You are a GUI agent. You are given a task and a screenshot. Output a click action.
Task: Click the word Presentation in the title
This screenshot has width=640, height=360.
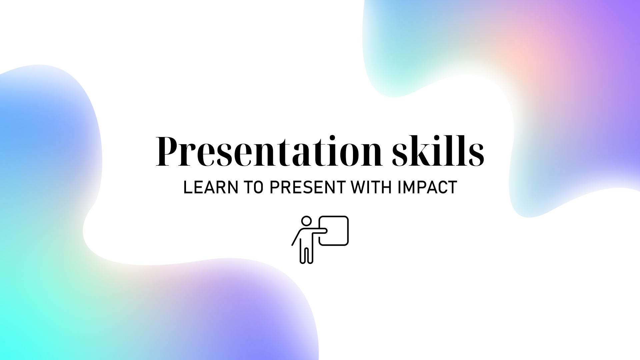click(269, 151)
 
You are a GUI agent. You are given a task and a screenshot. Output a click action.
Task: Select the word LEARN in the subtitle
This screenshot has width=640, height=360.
click(211, 187)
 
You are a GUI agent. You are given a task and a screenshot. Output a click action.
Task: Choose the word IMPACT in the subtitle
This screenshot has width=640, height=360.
click(427, 187)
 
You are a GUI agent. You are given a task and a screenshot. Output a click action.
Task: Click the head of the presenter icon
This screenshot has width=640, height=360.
click(306, 221)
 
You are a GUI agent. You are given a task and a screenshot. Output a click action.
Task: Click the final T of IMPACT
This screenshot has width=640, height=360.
click(452, 187)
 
